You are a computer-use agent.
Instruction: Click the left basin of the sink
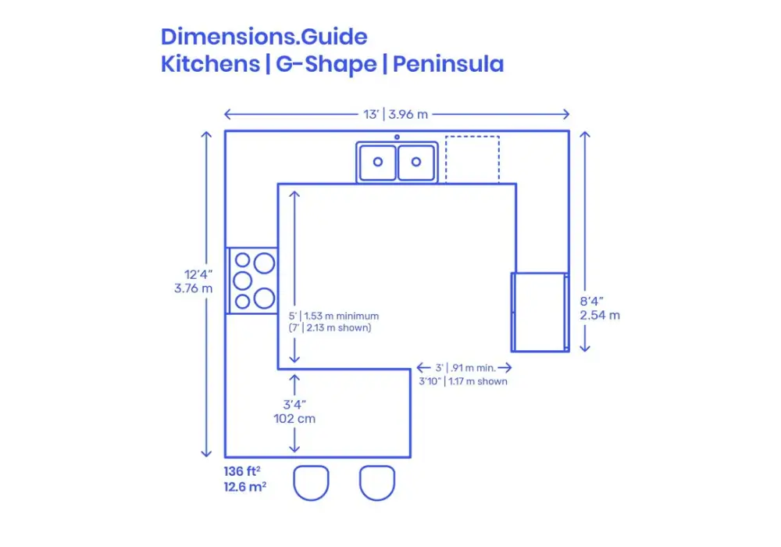click(x=378, y=162)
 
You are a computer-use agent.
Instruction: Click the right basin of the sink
click(x=416, y=162)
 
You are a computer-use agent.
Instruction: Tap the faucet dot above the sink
click(x=397, y=138)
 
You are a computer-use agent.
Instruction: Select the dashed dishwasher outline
click(x=473, y=159)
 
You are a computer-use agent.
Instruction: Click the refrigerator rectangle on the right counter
click(x=539, y=312)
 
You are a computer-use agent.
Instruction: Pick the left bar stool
click(x=311, y=481)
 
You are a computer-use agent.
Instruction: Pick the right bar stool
click(x=377, y=481)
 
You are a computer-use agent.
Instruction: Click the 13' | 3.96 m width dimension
click(x=396, y=114)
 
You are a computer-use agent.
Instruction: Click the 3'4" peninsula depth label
click(x=294, y=404)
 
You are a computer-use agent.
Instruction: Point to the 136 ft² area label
click(x=243, y=473)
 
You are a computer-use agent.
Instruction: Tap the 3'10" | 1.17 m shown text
click(x=462, y=381)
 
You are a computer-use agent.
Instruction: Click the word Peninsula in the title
click(x=448, y=64)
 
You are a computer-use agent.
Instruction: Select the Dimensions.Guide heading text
click(x=264, y=36)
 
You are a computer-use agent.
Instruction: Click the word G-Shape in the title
click(x=323, y=64)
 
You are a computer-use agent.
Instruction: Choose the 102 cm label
click(x=294, y=419)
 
